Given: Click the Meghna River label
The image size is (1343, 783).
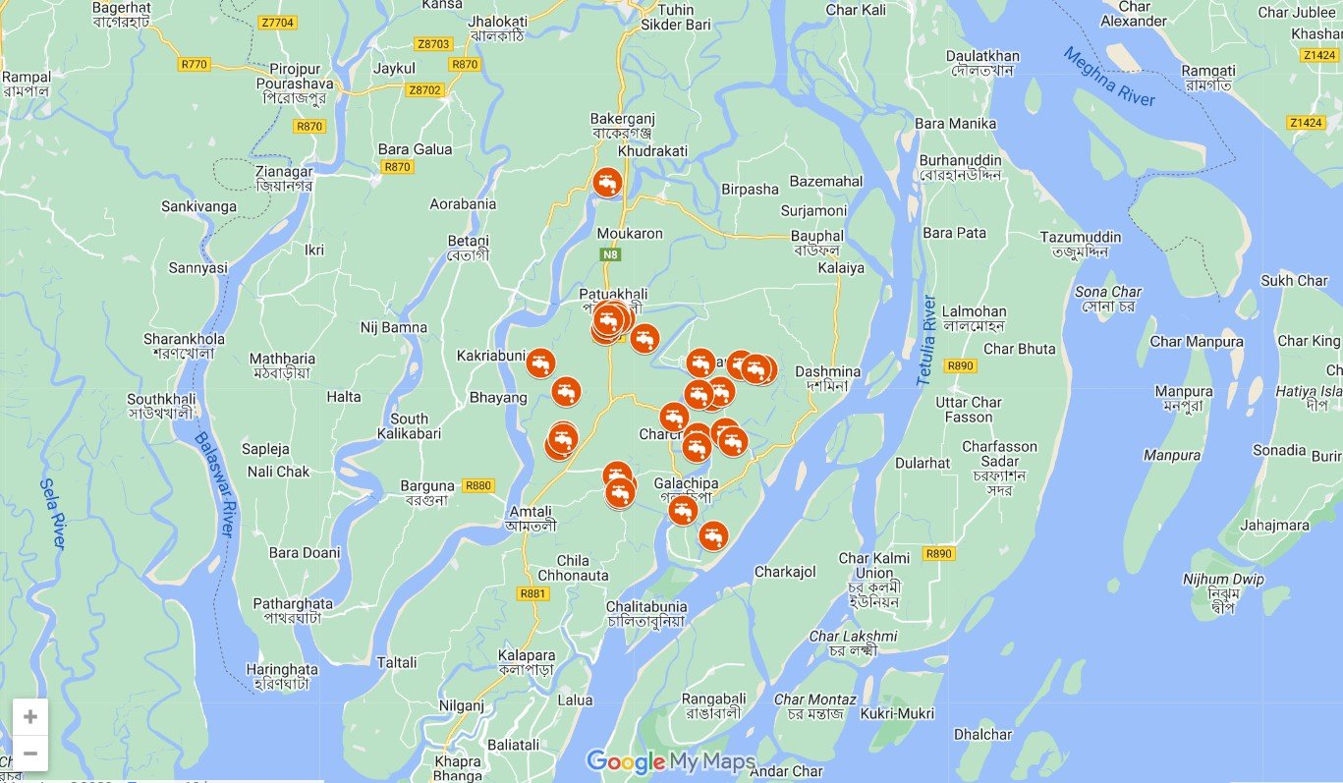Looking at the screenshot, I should click(1109, 78).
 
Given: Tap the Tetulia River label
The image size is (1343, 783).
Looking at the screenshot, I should click(925, 339).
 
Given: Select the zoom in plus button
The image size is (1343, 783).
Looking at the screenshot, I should click(30, 717).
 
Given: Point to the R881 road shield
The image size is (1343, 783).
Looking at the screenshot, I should click(532, 593).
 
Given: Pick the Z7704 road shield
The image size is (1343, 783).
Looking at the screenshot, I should click(277, 21).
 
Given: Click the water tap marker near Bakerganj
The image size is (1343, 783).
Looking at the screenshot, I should click(608, 182).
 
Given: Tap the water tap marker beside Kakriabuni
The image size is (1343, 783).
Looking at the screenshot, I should click(540, 363).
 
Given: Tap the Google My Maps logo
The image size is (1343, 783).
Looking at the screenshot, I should click(671, 761).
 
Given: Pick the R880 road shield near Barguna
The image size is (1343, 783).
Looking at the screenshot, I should click(478, 485).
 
